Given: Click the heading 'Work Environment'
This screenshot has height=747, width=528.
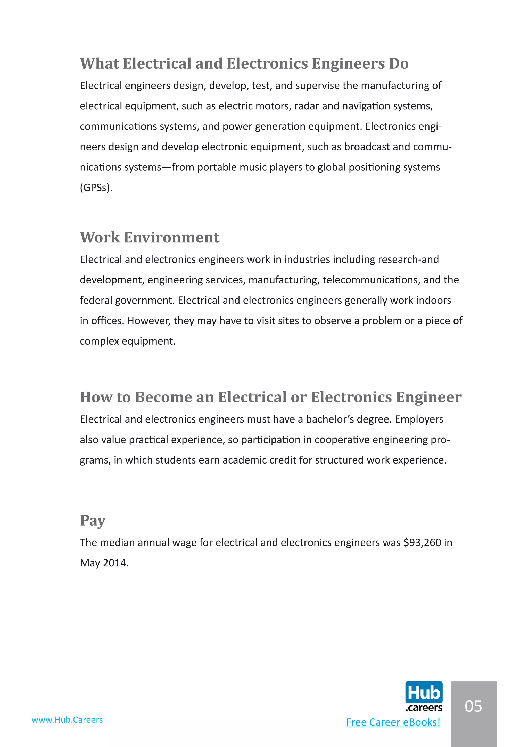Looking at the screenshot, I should tap(150, 238).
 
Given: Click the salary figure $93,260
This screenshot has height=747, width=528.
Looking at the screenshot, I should tap(422, 543).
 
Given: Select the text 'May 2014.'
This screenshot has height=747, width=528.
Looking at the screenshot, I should tap(104, 563).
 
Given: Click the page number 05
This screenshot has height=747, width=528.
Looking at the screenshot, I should tap(473, 706).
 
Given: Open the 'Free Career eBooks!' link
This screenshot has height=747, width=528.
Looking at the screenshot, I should tap(393, 722).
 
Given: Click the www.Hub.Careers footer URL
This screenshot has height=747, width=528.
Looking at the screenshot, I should tap(67, 720).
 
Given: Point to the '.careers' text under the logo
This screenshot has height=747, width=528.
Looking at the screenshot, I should tap(424, 708).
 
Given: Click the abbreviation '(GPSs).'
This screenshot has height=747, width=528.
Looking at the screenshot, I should tap(96, 188).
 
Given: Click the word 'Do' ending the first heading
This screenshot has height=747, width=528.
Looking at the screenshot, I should tap(399, 63).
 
